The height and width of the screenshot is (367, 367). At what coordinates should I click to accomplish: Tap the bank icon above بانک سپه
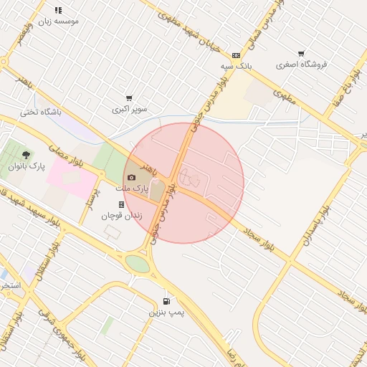(x=236, y=55)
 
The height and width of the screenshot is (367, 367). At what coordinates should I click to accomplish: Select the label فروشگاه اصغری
(x=306, y=65)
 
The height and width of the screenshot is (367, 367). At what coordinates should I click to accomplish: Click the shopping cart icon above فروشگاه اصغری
(x=301, y=54)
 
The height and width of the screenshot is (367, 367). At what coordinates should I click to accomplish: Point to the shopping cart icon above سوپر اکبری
(x=129, y=98)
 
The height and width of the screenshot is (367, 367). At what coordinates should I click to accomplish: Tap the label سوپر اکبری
(x=129, y=110)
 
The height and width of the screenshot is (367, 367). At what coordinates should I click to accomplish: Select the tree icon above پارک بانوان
(x=27, y=155)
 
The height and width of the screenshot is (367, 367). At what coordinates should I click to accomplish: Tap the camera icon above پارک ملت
(x=130, y=178)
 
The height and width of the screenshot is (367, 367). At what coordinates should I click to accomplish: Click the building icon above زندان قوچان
(x=121, y=204)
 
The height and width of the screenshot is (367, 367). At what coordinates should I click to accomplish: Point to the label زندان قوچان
(x=121, y=215)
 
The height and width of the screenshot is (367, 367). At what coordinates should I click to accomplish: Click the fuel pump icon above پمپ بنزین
(x=167, y=302)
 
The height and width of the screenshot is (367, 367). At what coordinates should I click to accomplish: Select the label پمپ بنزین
(x=166, y=313)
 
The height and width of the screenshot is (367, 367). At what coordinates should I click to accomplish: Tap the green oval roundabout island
(x=138, y=263)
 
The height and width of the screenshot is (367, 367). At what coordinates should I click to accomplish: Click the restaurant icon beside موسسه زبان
(x=58, y=11)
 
